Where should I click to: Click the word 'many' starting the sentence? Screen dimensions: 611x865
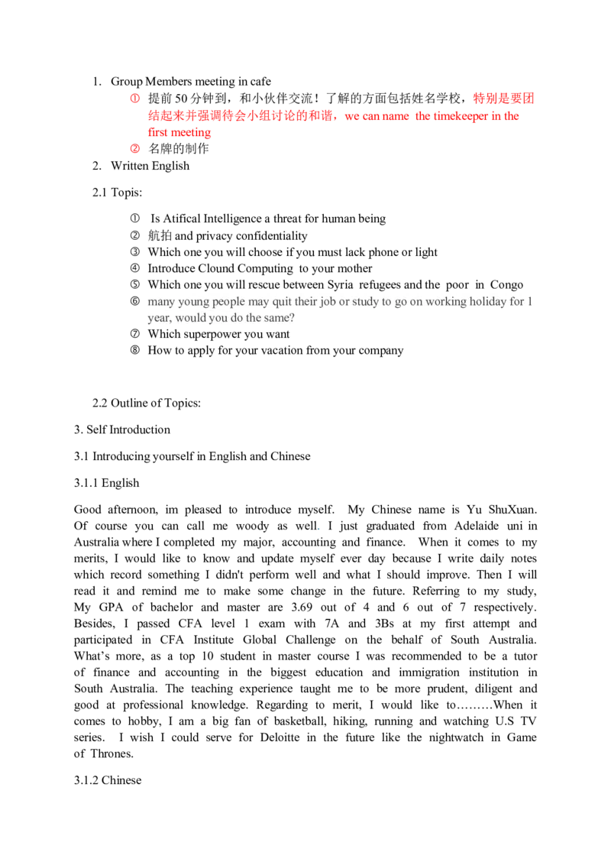160,302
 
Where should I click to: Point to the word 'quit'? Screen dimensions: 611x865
283,302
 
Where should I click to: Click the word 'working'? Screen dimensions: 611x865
448,302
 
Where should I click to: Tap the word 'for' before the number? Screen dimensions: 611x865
521,302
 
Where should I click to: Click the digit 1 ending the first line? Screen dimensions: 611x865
533,302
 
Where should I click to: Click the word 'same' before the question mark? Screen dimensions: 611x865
277,318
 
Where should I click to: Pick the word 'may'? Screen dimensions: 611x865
260,302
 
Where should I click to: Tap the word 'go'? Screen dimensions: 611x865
401,302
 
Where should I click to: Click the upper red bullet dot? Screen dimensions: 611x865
134,99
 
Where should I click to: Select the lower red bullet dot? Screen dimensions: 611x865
134,150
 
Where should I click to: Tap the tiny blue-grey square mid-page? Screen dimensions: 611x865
321,529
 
